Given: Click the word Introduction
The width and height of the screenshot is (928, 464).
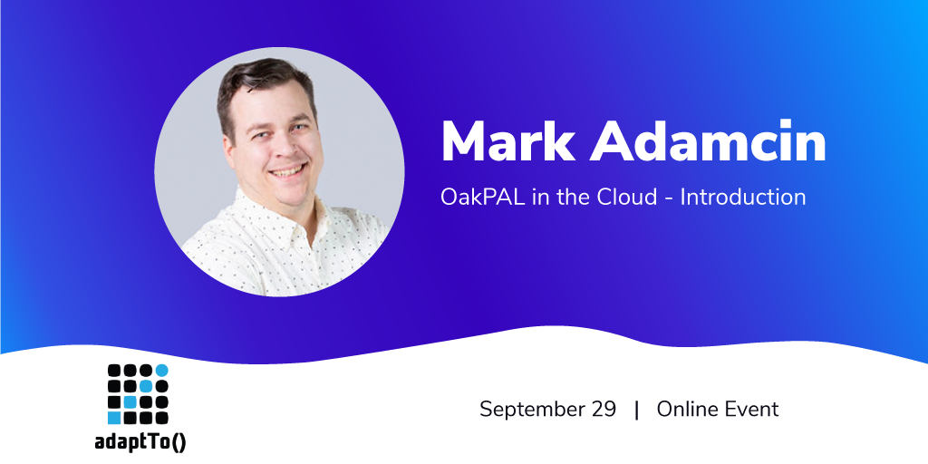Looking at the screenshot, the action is (743, 197).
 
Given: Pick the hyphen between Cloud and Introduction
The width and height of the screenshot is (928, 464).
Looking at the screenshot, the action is (669, 198).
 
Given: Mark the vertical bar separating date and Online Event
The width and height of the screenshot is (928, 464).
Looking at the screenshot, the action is (637, 410).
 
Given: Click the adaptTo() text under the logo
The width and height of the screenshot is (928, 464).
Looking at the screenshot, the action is (140, 442).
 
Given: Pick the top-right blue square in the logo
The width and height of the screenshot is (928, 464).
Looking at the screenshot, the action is (161, 371).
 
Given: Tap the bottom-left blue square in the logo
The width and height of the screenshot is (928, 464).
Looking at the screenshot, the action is (114, 418).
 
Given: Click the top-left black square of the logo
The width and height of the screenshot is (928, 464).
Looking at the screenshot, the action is (114, 371).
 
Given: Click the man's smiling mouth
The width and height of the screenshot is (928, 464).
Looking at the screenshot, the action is (288, 171).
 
